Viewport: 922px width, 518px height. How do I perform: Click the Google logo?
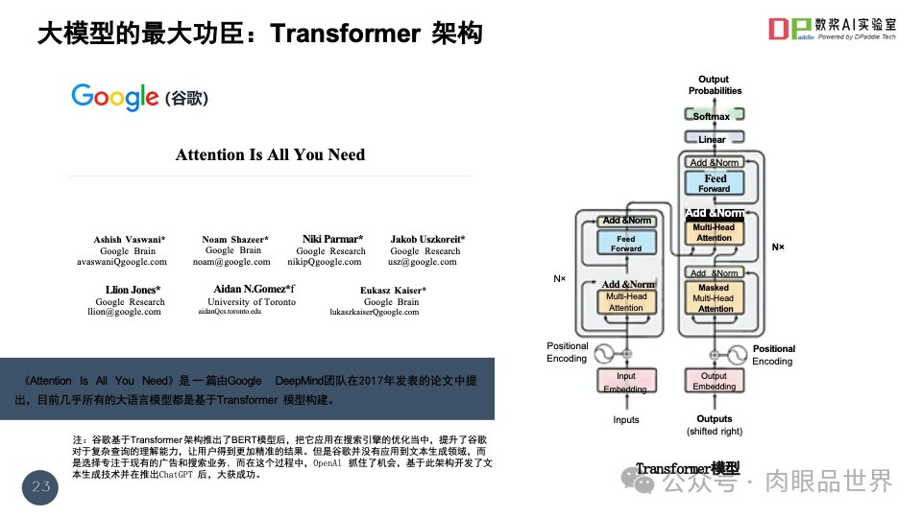click(x=115, y=96)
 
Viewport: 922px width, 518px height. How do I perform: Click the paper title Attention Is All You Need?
click(x=270, y=154)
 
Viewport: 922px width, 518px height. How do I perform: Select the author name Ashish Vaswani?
click(x=130, y=240)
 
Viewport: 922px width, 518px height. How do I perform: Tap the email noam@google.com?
click(x=231, y=261)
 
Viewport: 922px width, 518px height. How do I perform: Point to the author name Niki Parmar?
click(x=332, y=239)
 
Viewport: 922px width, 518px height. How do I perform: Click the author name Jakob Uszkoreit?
click(x=427, y=240)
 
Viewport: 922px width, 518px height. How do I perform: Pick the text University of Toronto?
click(x=252, y=301)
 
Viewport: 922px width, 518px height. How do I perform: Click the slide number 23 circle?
click(x=40, y=487)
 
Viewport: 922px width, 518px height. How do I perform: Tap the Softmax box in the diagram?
click(x=713, y=116)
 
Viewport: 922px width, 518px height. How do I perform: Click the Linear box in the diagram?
click(x=713, y=140)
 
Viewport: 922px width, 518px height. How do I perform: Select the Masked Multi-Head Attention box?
click(x=714, y=298)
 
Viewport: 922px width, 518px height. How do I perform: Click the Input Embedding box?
click(x=626, y=382)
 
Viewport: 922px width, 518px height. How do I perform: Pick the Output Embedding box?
click(x=714, y=381)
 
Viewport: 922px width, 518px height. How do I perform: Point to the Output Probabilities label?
click(x=715, y=84)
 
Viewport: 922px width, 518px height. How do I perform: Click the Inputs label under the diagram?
click(x=626, y=420)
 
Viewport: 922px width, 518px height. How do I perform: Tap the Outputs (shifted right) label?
click(x=714, y=425)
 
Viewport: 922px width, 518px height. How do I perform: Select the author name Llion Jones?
click(x=133, y=290)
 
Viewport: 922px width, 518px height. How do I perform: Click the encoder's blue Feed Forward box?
click(x=626, y=244)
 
